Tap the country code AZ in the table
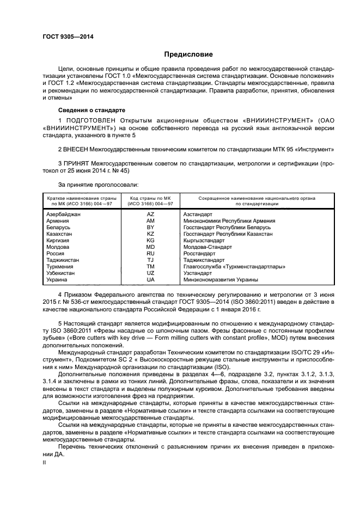pyautogui.click(x=150, y=214)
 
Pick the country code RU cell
pyautogui.click(x=150, y=253)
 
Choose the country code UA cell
pyautogui.click(x=150, y=279)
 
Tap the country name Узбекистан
pyautogui.click(x=62, y=273)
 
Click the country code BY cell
pyautogui.click(x=150, y=228)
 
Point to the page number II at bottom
pyautogui.click(x=45, y=463)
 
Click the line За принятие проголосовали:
pyautogui.click(x=95, y=186)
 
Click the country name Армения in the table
pyautogui.click(x=58, y=221)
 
